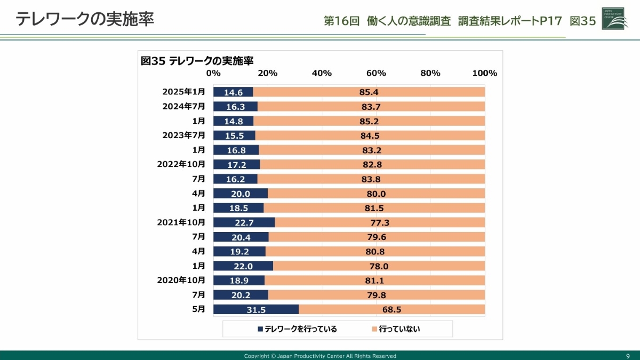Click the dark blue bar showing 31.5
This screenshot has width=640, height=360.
pos(256,309)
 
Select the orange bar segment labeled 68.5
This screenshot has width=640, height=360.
pos(391,309)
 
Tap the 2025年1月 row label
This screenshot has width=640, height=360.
pos(183,92)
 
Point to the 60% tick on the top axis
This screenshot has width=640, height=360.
pos(376,73)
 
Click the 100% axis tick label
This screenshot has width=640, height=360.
pos(484,73)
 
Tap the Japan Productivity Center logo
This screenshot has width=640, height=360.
pos(614,19)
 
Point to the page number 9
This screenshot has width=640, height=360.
pos(628,356)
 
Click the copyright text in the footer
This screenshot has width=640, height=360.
pos(320,356)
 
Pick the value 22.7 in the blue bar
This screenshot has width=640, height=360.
pos(244,222)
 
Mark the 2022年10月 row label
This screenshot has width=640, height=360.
pos(181,164)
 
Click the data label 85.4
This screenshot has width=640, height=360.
pos(369,92)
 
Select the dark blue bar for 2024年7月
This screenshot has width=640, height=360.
pos(235,107)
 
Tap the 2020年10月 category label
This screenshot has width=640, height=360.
pos(181,280)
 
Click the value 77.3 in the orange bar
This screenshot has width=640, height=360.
pos(380,222)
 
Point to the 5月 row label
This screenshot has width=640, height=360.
pos(198,309)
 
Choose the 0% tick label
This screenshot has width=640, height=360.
pos(213,73)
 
